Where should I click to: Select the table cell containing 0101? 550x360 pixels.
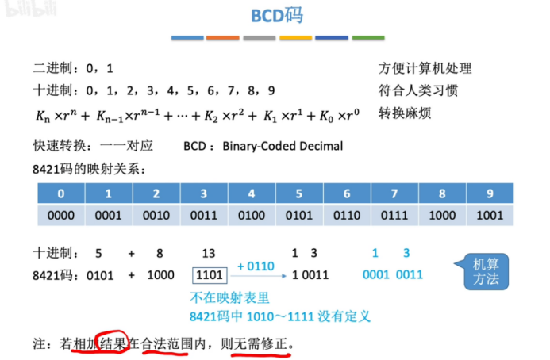tap(299, 215)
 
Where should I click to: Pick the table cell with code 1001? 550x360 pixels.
tap(490, 215)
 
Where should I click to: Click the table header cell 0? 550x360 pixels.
tap(61, 193)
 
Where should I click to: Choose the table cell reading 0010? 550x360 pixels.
tap(156, 215)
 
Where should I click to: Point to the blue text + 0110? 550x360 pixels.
tap(254, 263)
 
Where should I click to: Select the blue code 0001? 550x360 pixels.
tap(376, 275)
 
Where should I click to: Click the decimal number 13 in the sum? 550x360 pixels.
tap(209, 253)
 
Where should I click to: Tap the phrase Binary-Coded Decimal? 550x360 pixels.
tap(283, 146)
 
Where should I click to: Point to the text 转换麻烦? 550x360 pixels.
tap(405, 112)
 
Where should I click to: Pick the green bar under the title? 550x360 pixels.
tap(368, 37)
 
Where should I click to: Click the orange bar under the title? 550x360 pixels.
tap(223, 37)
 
